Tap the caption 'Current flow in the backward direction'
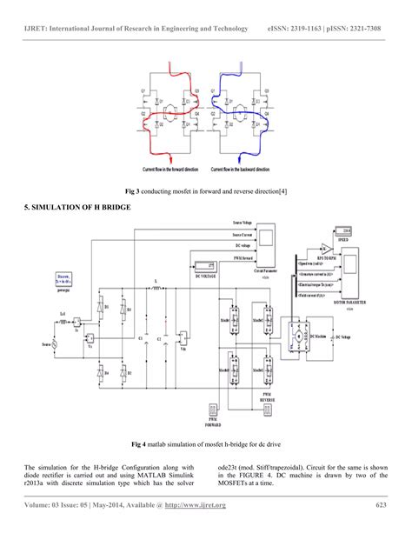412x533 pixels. pos(249,170)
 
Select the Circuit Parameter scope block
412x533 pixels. pos(265,240)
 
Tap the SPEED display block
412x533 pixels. pos(348,230)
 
